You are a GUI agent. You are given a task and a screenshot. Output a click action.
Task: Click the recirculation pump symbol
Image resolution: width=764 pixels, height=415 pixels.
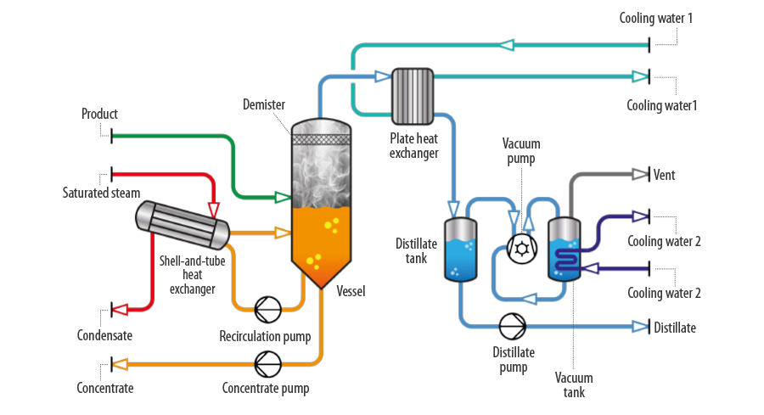click(267, 309)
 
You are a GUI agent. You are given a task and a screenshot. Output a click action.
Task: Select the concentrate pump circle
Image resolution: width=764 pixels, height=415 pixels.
click(267, 364)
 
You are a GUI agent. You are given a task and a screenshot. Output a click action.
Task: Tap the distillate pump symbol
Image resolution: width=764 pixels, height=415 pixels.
click(513, 327)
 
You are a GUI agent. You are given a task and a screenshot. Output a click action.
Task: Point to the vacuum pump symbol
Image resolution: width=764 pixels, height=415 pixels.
click(522, 250)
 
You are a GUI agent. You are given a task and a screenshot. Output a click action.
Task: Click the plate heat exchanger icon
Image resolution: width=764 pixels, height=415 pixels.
click(413, 97)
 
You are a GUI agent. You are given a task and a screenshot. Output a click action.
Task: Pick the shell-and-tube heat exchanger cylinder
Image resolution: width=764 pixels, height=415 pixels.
click(183, 225)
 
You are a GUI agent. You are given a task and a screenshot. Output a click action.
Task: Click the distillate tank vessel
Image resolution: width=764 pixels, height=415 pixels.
click(460, 250)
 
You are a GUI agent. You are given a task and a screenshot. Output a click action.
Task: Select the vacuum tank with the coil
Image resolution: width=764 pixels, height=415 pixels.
click(565, 250)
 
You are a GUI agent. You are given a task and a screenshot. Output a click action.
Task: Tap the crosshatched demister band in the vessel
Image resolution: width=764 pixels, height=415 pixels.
click(321, 139)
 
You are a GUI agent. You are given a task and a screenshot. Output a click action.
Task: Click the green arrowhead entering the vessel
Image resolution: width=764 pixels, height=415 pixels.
click(283, 197)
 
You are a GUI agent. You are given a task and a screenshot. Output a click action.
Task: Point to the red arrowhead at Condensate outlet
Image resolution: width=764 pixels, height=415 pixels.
click(121, 309)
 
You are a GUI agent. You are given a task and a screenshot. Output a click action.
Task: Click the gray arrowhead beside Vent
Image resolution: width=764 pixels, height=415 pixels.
click(640, 174)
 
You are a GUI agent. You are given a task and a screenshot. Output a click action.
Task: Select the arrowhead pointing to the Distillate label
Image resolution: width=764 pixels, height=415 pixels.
click(640, 327)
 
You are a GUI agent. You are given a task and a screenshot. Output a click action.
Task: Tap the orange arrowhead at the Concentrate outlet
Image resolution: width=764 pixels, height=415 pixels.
click(121, 364)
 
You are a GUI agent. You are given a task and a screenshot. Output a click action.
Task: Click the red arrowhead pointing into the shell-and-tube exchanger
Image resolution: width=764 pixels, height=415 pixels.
click(213, 210)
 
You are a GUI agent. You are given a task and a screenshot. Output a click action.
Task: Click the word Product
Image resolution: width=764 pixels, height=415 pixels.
click(99, 114)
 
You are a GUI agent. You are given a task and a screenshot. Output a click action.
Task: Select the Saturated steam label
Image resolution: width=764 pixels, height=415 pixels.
click(101, 193)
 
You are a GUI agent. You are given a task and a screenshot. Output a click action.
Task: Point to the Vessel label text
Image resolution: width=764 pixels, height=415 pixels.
click(351, 291)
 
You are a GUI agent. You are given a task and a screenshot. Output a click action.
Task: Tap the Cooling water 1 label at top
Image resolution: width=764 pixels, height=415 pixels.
click(656, 19)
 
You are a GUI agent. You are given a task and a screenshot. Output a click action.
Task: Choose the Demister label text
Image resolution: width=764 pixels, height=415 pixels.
click(264, 104)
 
